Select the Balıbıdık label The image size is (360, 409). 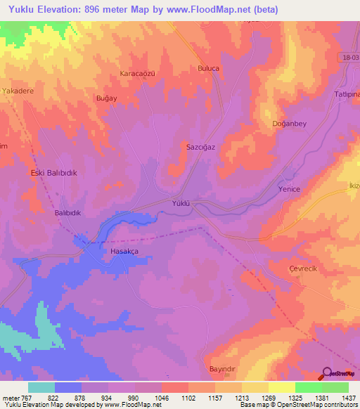tap(69, 212)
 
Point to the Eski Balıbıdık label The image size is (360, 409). tap(53, 172)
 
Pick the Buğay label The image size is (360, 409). tap(106, 99)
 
